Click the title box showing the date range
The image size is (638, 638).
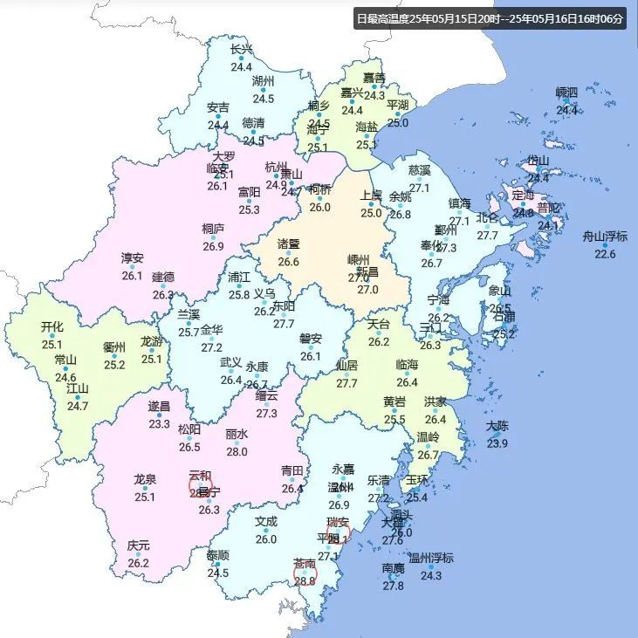tap(491, 18)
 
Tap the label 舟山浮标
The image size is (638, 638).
tap(605, 237)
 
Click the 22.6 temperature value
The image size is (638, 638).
tap(605, 254)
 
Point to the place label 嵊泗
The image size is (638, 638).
tap(567, 93)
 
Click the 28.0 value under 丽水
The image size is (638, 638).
tap(237, 451)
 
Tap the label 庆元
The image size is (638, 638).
tap(138, 545)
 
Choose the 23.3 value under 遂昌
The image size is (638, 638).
tap(159, 424)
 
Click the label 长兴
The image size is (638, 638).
tap(241, 50)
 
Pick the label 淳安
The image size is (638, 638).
tap(132, 258)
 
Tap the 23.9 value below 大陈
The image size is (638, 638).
tap(497, 443)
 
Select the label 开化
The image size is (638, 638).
tap(52, 327)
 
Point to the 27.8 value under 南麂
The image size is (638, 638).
tap(393, 586)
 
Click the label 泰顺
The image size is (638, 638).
tap(218, 555)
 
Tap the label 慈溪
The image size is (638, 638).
tap(420, 169)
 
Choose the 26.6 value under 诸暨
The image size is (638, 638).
tap(288, 262)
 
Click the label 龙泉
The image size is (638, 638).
tap(145, 479)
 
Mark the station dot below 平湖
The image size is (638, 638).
tap(398, 114)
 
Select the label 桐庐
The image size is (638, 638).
tap(213, 229)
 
